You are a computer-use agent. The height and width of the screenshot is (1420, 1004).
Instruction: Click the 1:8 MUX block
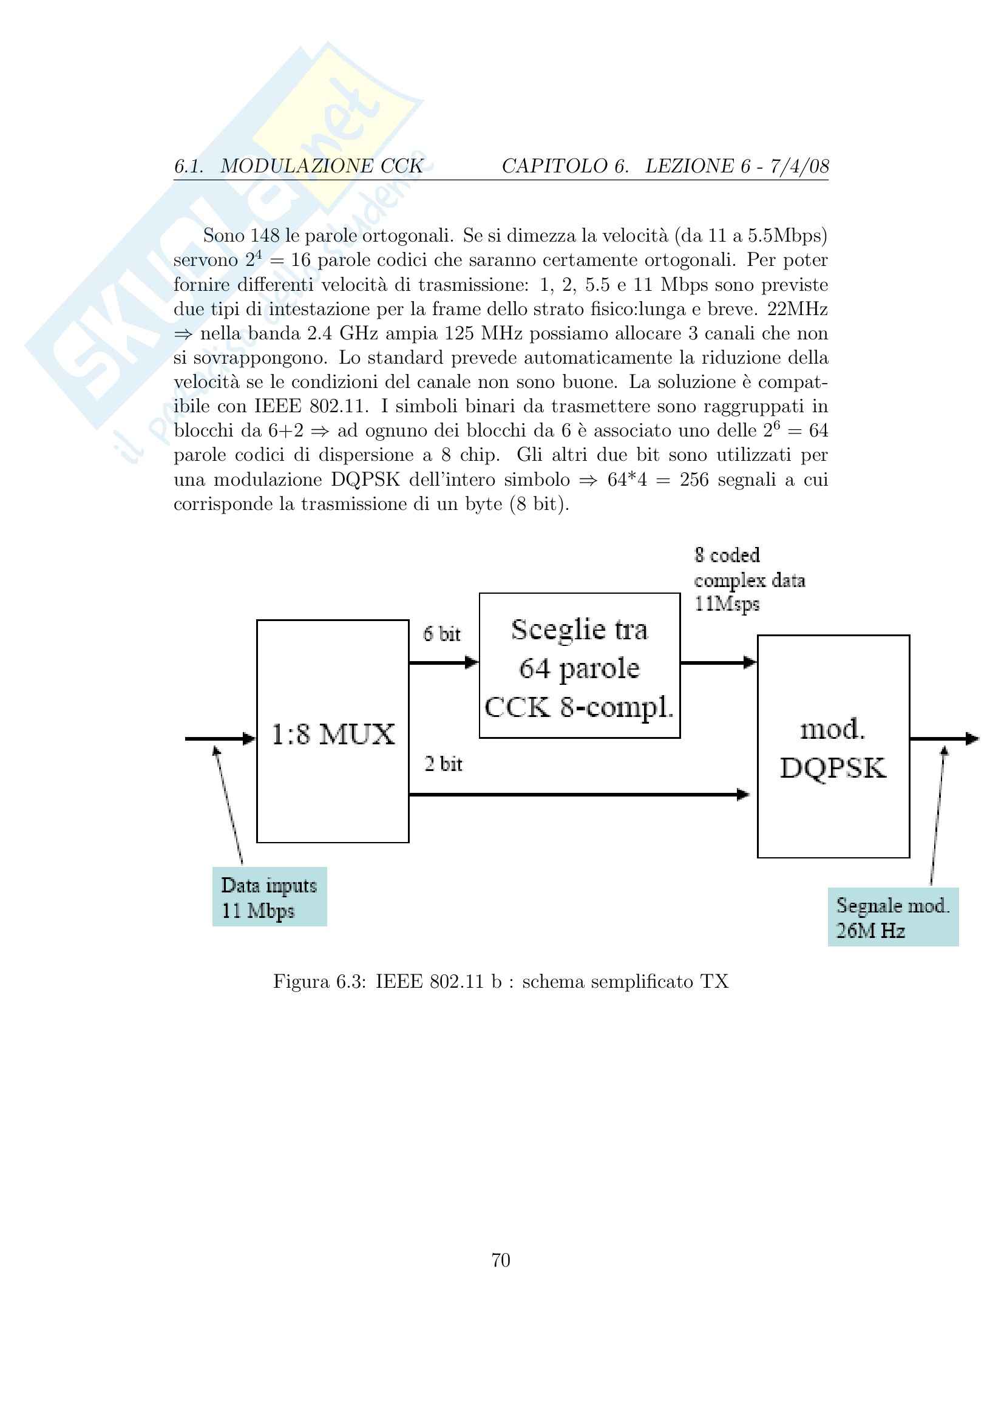[x=333, y=731]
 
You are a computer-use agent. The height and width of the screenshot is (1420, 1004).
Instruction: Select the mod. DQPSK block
[x=833, y=746]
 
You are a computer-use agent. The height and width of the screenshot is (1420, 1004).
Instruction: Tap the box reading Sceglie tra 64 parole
[x=579, y=665]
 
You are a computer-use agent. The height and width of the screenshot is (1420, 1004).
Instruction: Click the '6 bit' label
[x=441, y=634]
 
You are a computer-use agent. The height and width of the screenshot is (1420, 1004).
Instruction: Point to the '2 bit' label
[x=443, y=764]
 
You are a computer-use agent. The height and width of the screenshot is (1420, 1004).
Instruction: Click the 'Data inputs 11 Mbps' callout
[x=269, y=897]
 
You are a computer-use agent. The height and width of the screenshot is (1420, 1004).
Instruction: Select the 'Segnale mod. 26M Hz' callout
[x=893, y=917]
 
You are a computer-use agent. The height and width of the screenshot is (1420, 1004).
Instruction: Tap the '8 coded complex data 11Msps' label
[x=748, y=580]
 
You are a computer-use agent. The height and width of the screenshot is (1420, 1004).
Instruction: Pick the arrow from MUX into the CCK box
[x=443, y=663]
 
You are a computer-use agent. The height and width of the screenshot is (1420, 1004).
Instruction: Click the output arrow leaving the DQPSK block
[x=943, y=738]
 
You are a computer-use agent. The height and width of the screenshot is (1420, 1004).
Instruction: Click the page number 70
[x=501, y=1260]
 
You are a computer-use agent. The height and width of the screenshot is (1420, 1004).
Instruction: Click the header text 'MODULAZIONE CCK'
[x=322, y=166]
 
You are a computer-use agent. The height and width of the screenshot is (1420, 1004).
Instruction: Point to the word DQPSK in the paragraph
[x=365, y=480]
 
